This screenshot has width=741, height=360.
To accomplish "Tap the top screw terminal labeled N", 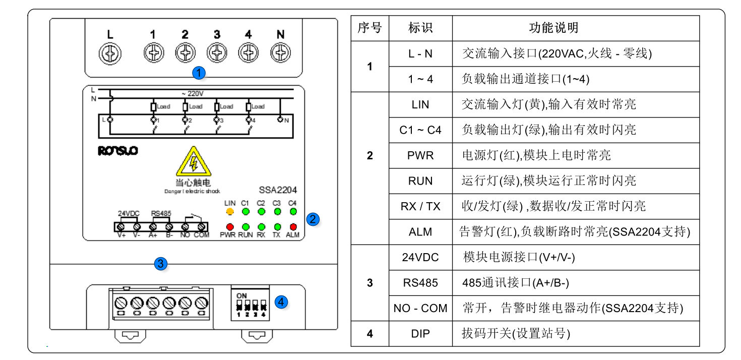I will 280,52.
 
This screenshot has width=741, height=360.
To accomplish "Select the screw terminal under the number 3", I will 217,52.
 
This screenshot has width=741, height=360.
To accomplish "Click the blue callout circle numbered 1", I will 200,73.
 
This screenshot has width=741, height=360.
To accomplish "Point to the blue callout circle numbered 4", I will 281,302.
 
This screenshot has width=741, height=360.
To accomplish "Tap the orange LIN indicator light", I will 230,211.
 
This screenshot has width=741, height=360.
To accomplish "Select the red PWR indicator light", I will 230,227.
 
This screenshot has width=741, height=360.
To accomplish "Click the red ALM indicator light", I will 292,227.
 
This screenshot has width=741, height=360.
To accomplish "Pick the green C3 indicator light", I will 277,211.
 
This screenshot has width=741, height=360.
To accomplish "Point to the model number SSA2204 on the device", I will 278,191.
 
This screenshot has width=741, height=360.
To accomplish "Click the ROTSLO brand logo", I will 118,150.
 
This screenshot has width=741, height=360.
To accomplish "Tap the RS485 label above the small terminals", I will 161,213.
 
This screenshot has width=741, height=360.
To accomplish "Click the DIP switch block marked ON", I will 251,304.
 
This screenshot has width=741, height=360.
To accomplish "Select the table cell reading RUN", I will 420,181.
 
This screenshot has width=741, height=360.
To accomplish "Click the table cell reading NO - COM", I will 420,308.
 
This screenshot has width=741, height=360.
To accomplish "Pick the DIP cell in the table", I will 420,334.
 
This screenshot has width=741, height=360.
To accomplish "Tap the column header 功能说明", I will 553,28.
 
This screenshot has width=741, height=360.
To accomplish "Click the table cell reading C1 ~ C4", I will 420,130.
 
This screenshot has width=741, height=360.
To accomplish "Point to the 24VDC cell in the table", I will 420,257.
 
